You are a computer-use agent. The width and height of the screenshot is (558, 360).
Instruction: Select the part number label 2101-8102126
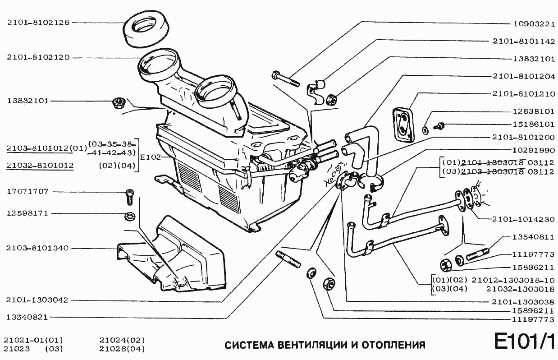[38, 22]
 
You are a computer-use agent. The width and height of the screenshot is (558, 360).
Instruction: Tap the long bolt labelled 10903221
[286, 78]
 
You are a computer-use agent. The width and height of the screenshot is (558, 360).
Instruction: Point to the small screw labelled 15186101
[440, 125]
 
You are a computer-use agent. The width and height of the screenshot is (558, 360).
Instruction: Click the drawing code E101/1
[524, 342]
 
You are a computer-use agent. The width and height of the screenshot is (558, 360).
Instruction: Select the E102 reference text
[149, 157]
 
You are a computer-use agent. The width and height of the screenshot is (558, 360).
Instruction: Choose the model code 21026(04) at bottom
[122, 349]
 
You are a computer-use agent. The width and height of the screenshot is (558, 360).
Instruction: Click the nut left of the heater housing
[119, 103]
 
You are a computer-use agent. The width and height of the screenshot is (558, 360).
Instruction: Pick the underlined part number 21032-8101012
[40, 166]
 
